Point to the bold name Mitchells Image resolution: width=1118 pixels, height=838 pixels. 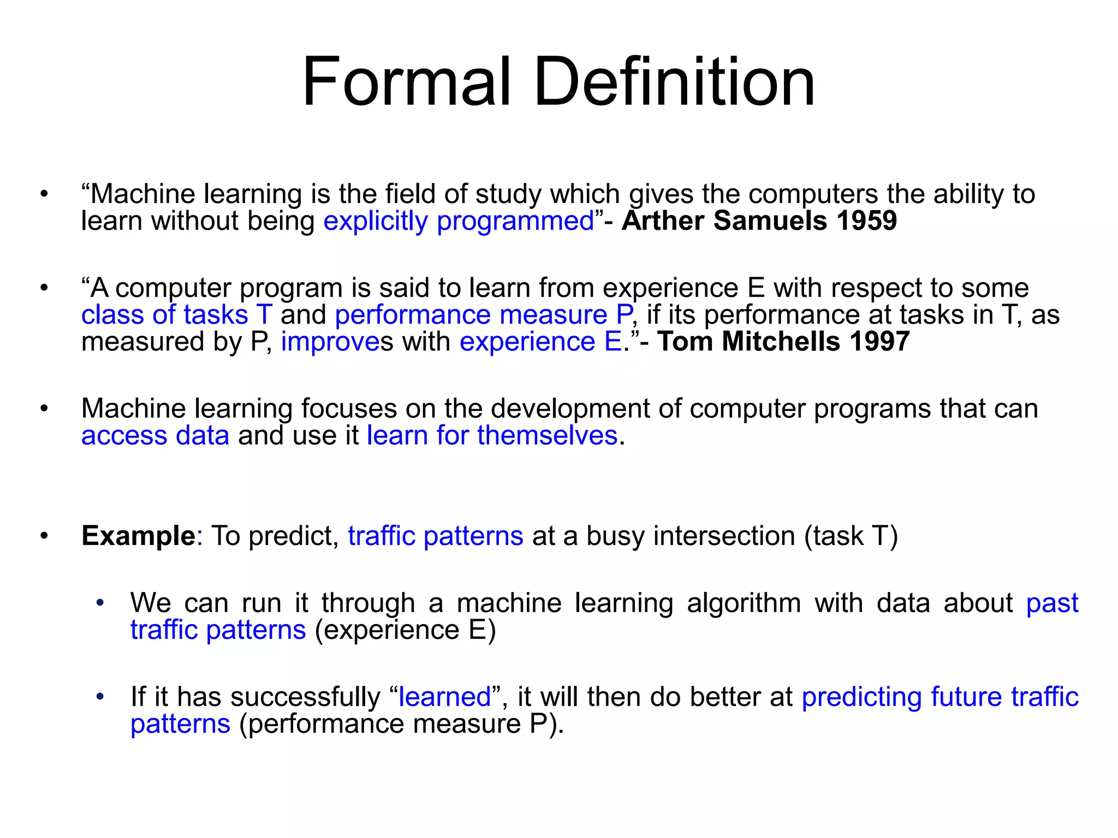[x=781, y=342]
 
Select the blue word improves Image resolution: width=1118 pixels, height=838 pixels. [x=330, y=342]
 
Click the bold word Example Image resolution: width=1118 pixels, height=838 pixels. [x=138, y=536]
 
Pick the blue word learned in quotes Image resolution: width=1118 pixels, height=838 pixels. [x=444, y=697]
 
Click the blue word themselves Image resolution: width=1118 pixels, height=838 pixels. [x=547, y=436]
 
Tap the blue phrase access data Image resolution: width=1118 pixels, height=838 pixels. [x=155, y=436]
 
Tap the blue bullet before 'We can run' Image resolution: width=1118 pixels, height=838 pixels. [x=99, y=603]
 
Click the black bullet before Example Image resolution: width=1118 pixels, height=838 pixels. [x=44, y=536]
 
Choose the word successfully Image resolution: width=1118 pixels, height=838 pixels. [x=305, y=697]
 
